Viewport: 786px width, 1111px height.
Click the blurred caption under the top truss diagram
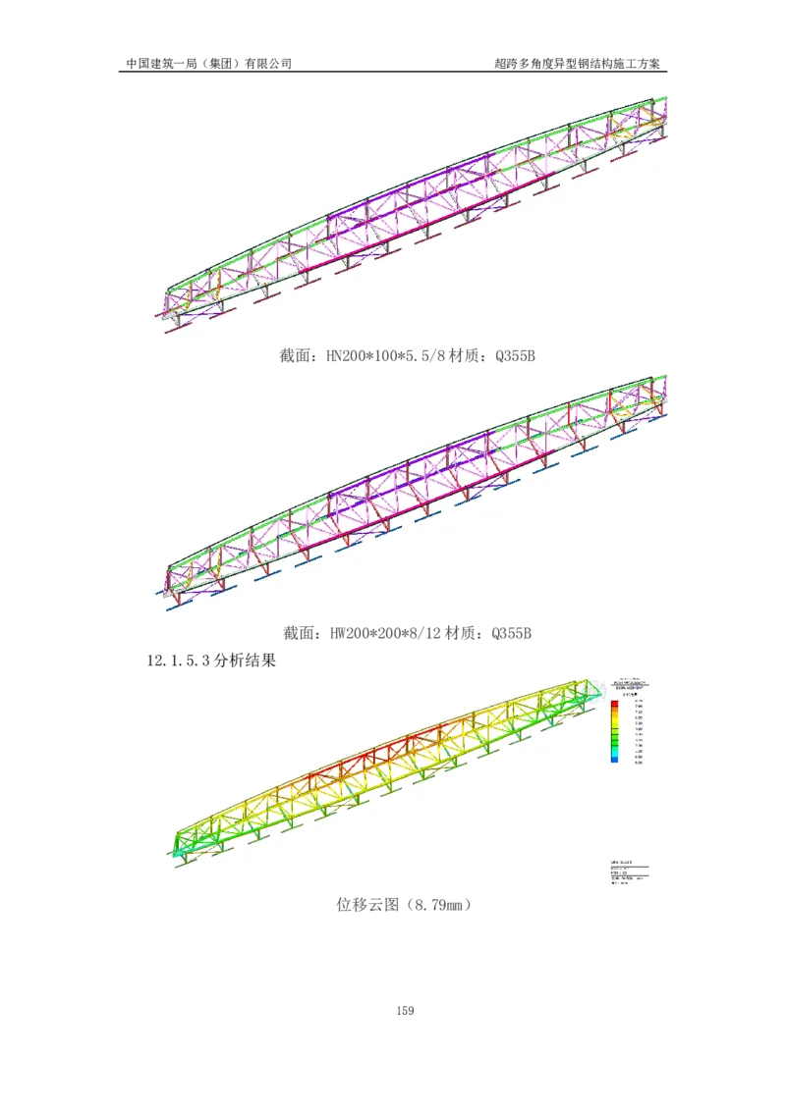tap(408, 358)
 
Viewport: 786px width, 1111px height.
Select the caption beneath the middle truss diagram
tap(408, 634)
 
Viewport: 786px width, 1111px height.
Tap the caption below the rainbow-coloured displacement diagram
tap(401, 907)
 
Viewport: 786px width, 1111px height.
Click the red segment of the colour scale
tap(614, 706)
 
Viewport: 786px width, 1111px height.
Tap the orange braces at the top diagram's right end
tap(648, 125)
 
